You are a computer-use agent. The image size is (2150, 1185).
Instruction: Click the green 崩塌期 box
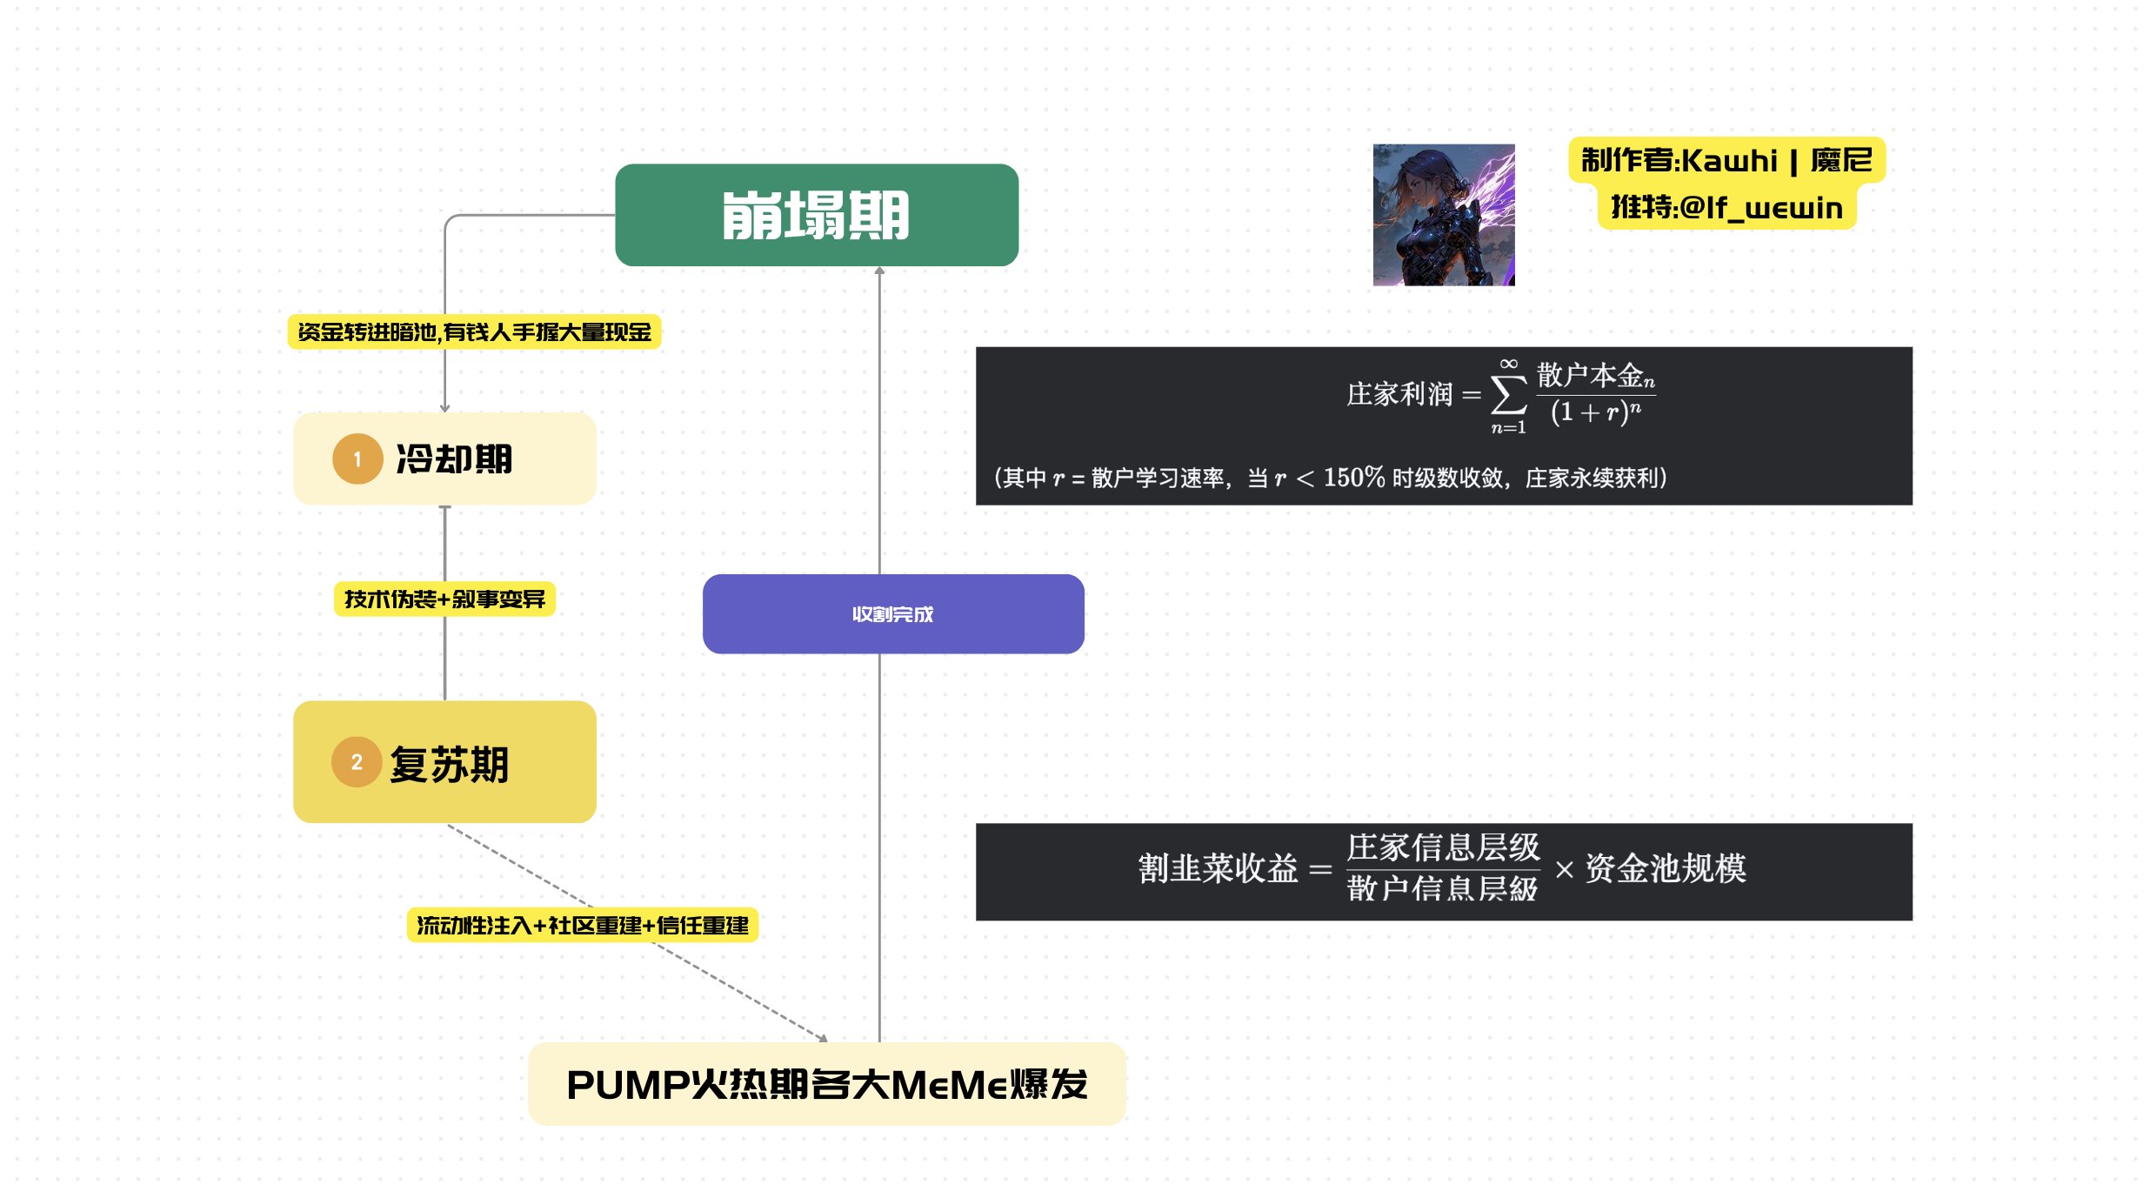816,215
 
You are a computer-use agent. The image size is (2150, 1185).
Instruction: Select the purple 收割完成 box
892,613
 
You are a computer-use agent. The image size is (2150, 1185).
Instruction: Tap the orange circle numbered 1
357,459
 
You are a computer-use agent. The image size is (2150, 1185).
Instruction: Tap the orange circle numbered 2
357,762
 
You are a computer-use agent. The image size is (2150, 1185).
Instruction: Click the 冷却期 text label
454,459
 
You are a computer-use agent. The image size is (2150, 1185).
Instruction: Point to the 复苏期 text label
449,765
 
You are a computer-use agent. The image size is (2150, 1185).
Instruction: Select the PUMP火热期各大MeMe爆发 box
826,1084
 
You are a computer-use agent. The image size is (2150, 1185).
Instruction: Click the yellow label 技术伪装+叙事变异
444,599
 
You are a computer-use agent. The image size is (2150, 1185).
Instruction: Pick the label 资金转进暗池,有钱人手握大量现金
474,331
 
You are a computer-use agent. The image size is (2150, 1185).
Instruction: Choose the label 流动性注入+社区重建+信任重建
582,925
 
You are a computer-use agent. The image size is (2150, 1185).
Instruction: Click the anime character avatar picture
1443,215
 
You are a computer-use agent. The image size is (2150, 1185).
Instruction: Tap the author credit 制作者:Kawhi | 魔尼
1726,160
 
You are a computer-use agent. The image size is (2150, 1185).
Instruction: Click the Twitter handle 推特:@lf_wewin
1726,208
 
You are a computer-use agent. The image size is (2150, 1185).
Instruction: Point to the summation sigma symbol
1508,396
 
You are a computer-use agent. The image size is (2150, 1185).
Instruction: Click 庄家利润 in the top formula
1399,395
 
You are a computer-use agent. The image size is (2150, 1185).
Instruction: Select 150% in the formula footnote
1353,478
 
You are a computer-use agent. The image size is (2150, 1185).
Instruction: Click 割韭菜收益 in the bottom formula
1218,869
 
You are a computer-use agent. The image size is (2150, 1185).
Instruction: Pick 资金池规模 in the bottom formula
1665,869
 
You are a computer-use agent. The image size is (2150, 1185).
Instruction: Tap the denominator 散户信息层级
1442,889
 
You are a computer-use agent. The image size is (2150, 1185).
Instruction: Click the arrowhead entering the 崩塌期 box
879,271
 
